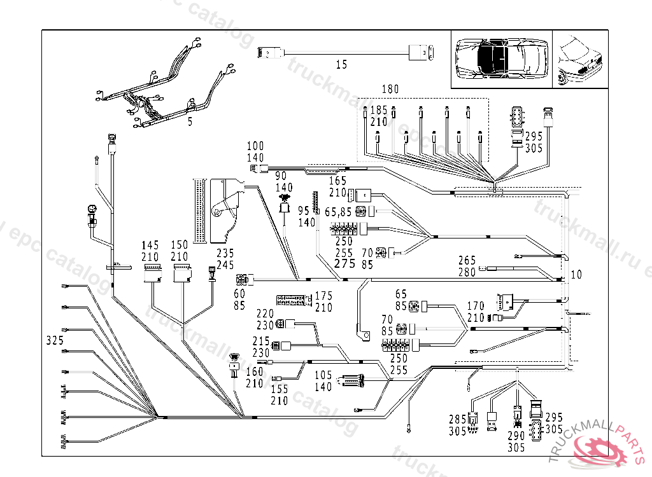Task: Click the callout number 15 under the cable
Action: pos(341,64)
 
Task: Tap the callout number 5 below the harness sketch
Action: pos(190,122)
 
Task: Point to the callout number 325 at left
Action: pos(55,341)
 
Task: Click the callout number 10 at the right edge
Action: pos(576,275)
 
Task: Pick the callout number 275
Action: pos(344,264)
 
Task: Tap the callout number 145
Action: pos(150,245)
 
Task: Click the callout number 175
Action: pos(323,296)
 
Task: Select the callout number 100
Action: pos(255,147)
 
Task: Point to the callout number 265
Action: pos(467,260)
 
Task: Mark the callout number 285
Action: pos(457,420)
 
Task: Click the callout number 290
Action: pos(516,436)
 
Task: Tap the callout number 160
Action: pos(254,371)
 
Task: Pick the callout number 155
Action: pos(279,389)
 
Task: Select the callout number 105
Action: pos(323,375)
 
